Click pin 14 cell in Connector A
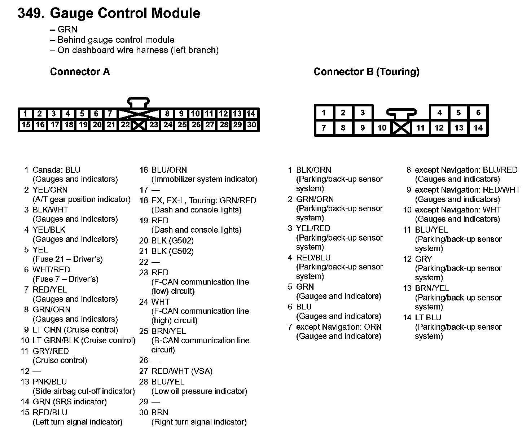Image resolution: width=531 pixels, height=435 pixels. coord(251,114)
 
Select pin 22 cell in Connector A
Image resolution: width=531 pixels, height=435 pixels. coord(125,125)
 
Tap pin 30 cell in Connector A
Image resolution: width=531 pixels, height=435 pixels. coord(251,125)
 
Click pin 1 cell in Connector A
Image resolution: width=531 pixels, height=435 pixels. coord(25,114)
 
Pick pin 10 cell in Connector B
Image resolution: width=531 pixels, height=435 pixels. coord(382,128)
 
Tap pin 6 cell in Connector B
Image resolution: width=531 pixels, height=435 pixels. coord(478,113)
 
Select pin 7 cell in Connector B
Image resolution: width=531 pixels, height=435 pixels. coord(324,128)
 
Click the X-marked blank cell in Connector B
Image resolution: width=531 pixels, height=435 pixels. coord(401,128)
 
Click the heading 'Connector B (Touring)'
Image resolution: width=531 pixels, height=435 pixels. coord(366,72)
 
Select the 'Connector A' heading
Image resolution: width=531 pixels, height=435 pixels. coord(80,72)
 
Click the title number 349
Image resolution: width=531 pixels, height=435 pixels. coord(31,13)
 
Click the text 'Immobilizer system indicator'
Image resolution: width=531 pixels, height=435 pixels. coord(204,179)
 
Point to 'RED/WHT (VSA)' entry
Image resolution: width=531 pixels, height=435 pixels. coord(182,371)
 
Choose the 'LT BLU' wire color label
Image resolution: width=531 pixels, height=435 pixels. coord(428,318)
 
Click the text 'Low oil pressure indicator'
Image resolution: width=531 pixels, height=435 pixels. coord(199,391)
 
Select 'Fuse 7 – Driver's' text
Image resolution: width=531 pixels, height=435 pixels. coord(65,279)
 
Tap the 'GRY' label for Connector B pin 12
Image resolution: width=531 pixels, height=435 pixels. coord(423,259)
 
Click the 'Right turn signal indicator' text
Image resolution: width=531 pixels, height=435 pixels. coord(199,422)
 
